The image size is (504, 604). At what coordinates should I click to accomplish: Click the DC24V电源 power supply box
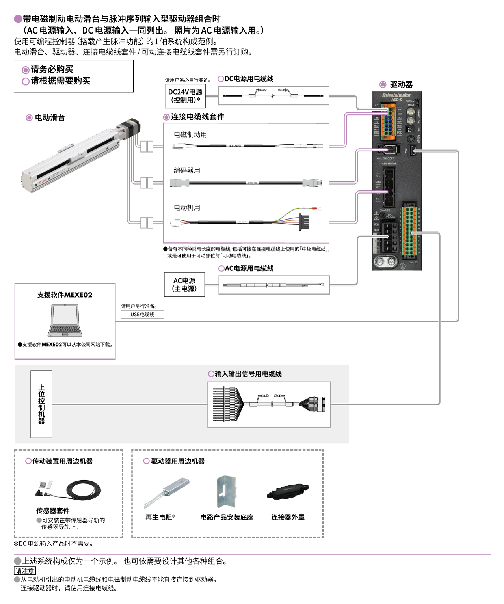pos(185,96)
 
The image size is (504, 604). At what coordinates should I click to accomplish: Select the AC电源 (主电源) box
pos(184,284)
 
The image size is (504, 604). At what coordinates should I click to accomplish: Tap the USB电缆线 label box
pos(142,314)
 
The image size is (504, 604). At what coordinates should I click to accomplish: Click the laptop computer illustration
pos(65,321)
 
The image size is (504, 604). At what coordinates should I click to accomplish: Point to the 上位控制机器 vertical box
pos(41,404)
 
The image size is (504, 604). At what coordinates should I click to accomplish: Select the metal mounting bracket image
pos(226,492)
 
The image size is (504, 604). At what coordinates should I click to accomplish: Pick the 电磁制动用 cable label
pos(190,134)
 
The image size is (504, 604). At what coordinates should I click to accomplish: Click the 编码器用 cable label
pos(187,170)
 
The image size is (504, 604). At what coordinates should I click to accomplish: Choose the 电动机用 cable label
pos(187,207)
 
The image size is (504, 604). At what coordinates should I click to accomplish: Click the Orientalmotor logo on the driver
pos(396,95)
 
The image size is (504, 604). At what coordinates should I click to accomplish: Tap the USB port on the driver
pos(413,150)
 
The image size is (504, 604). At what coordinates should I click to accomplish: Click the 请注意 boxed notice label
pos(25,570)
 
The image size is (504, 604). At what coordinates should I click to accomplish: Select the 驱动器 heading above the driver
pos(401,84)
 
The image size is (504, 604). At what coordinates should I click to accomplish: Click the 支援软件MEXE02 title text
pos(65,295)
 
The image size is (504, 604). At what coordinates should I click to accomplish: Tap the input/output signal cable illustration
pos(269,404)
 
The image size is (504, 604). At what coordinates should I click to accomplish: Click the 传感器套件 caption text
pos(53,511)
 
